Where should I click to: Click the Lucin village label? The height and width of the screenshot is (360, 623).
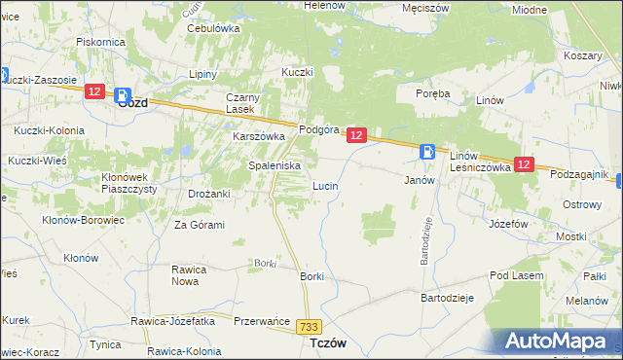tap(324, 185)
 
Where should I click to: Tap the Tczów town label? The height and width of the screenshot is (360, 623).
tap(328, 344)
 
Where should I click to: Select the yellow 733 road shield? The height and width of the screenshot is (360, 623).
tap(310, 329)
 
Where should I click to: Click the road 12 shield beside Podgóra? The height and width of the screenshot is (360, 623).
tap(356, 136)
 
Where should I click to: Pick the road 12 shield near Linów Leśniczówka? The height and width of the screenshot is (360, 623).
tap(524, 165)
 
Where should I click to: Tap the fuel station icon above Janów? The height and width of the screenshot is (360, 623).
tap(427, 151)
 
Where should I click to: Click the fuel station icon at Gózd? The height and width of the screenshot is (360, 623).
tap(124, 95)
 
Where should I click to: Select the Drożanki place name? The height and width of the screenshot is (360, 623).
tap(208, 194)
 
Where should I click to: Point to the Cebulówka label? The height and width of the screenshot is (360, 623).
tap(213, 28)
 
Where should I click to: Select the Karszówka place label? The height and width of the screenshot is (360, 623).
tap(257, 137)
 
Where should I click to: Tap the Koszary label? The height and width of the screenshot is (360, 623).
tap(582, 56)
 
